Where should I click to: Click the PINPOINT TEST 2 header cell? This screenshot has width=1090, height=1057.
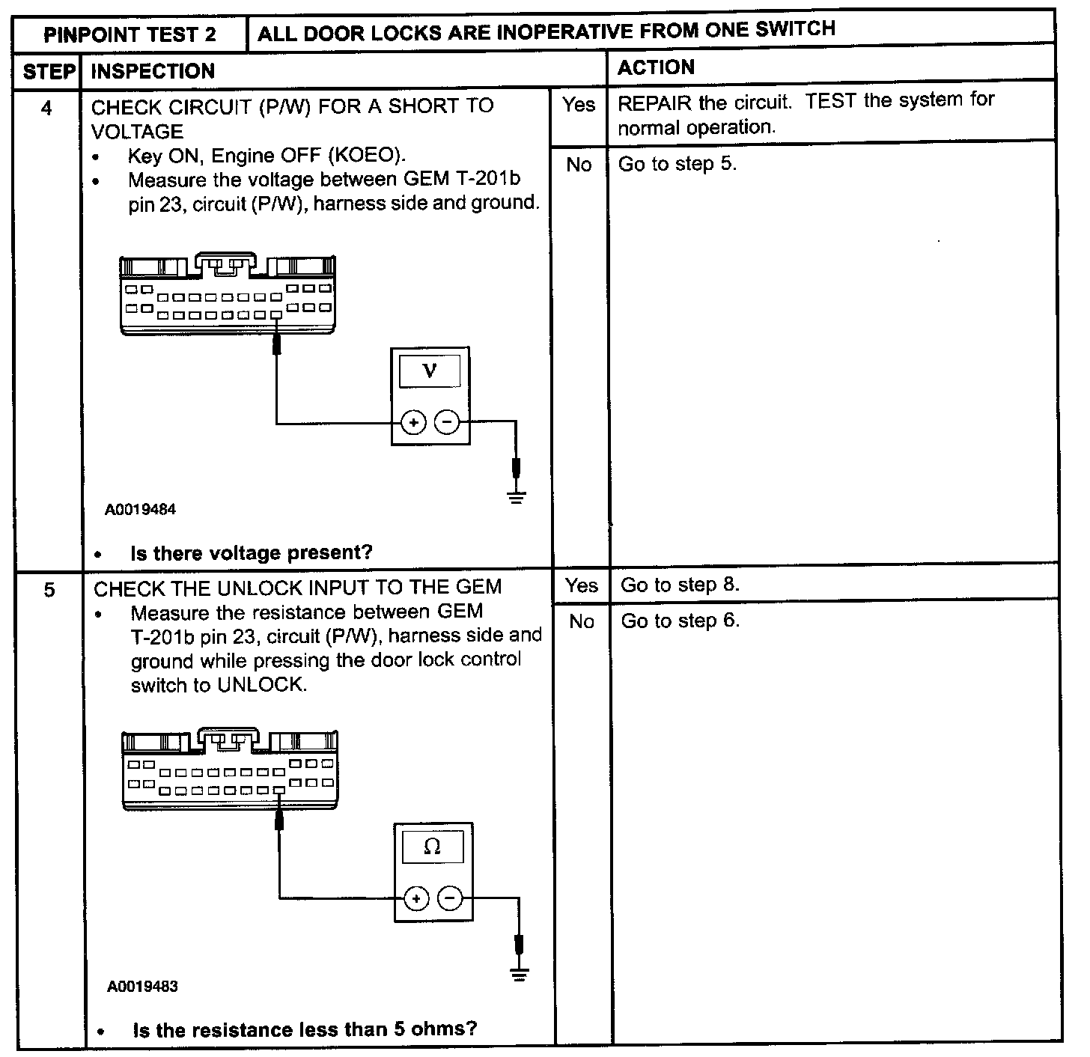(x=130, y=34)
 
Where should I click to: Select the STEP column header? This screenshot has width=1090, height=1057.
(x=49, y=71)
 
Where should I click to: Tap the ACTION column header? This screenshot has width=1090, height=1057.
(x=656, y=67)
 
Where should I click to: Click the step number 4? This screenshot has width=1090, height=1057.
(x=46, y=109)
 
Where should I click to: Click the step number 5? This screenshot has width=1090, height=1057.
(x=49, y=590)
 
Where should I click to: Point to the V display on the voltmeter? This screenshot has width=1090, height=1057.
(x=430, y=371)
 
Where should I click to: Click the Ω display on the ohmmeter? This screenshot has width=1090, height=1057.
(x=432, y=847)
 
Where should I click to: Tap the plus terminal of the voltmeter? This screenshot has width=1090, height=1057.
(x=414, y=423)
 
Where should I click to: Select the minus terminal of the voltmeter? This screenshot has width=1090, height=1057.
(x=447, y=423)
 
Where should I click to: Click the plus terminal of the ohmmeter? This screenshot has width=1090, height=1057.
(x=416, y=898)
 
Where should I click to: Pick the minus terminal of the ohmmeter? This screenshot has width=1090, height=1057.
(x=450, y=898)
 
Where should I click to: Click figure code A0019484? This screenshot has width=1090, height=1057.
(x=140, y=510)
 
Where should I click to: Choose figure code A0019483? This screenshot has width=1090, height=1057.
(x=142, y=986)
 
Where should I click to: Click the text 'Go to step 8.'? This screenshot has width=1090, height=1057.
(x=680, y=585)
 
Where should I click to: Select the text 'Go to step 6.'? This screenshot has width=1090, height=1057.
(x=680, y=621)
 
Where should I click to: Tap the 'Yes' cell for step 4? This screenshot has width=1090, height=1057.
(x=579, y=105)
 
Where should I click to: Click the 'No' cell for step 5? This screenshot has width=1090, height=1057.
(x=582, y=621)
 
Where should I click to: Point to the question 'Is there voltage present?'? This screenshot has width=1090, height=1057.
(x=251, y=553)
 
